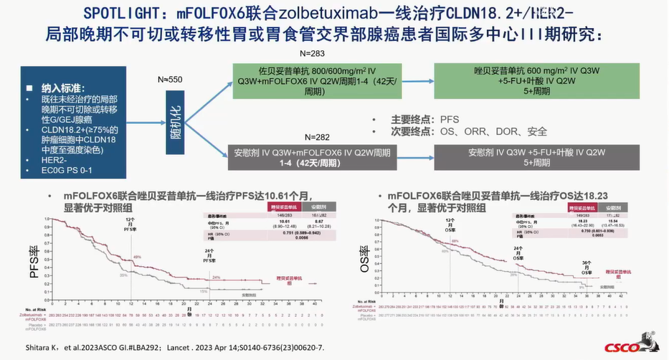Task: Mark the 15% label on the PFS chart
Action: point(204,291)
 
